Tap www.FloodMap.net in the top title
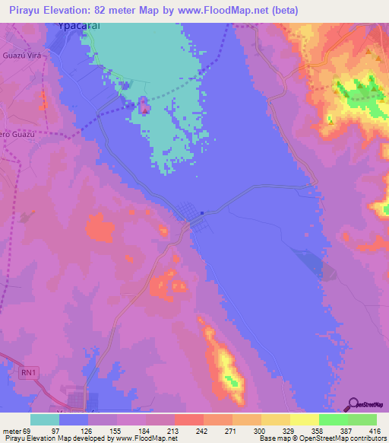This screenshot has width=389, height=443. pos(224,11)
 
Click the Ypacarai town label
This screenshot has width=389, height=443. pos(81,24)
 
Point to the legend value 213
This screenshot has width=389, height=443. pos(172,430)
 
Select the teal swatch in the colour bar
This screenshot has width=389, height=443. pos(44,419)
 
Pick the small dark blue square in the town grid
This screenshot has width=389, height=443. pos(202,212)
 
